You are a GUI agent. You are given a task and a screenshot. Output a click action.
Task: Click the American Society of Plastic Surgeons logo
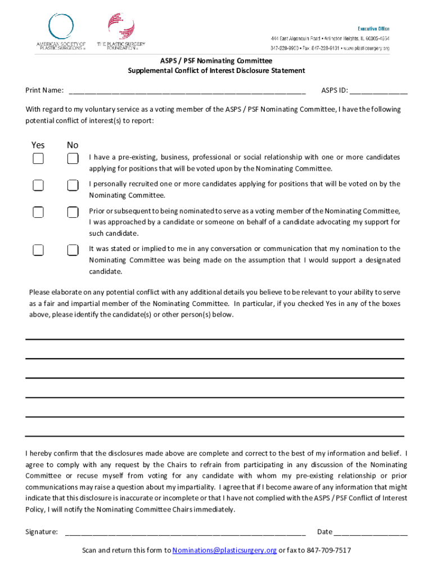(61, 32)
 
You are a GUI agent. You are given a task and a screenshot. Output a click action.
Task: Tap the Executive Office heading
(373, 29)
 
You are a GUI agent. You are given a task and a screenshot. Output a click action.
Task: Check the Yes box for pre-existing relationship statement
(38, 159)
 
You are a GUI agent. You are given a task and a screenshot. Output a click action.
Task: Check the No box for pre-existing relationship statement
(73, 159)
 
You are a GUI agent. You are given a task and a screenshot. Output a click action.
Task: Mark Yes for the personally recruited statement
(38, 185)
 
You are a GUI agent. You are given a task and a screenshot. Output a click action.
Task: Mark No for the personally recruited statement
(73, 185)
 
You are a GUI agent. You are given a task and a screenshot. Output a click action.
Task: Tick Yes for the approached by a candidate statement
(38, 212)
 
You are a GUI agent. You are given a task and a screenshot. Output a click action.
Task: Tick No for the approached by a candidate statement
(73, 212)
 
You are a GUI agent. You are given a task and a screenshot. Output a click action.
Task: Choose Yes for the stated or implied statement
(38, 250)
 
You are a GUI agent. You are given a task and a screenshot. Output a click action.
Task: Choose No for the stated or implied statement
(73, 250)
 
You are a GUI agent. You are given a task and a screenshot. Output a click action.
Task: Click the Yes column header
(38, 145)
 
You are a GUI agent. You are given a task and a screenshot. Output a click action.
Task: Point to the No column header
(73, 145)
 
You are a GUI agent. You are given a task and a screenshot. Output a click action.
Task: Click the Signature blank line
(186, 532)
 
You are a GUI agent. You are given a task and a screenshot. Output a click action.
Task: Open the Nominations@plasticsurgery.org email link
(224, 550)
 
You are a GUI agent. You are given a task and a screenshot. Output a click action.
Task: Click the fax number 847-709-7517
(328, 550)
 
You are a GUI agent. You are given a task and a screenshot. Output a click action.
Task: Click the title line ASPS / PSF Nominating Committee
(216, 61)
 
